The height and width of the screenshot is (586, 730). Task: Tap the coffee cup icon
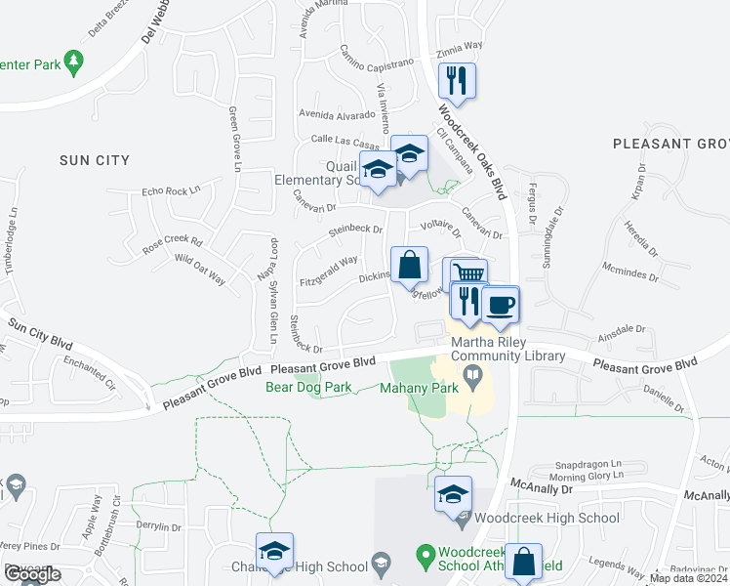coord(501,305)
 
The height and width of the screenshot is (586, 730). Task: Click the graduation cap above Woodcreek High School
coord(454,494)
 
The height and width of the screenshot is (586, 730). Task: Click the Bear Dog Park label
coord(308,387)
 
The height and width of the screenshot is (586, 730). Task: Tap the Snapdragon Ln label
coord(588,463)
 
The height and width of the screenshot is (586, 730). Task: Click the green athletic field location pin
coord(425,558)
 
